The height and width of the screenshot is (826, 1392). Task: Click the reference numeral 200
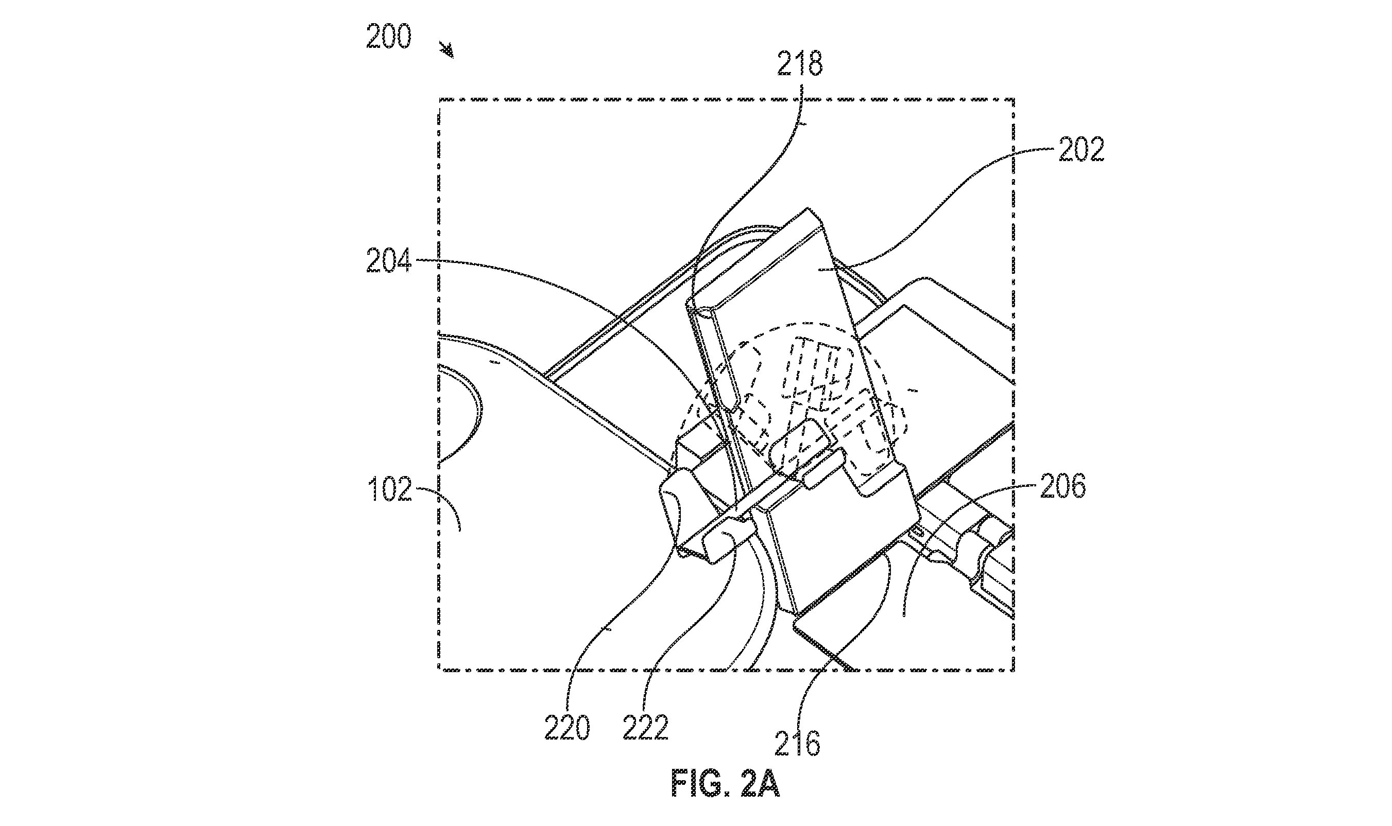point(388,37)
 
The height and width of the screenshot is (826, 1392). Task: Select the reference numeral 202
point(1081,149)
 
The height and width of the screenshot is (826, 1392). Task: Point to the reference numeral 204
point(388,260)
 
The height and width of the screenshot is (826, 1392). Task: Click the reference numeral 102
point(390,490)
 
